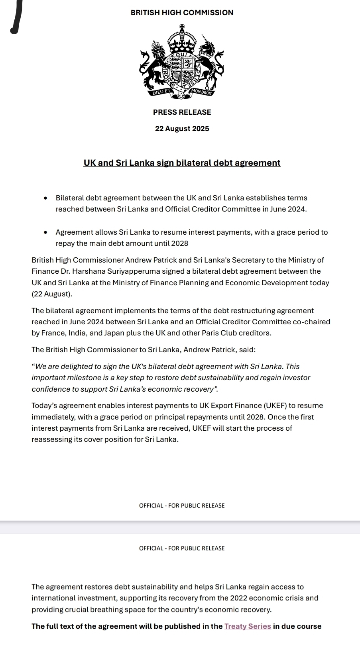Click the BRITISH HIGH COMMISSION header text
tap(182, 13)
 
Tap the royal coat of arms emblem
tap(182, 62)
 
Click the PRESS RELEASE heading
tap(182, 112)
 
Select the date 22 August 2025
tap(182, 129)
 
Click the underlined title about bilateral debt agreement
tap(182, 163)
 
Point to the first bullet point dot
tap(47, 198)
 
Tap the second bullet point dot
tap(47, 232)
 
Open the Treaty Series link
tap(248, 626)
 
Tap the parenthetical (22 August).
tap(52, 294)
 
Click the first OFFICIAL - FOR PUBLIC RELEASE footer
tap(182, 506)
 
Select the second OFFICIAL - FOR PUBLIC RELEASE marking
tap(182, 549)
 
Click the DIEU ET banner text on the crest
tap(161, 92)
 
